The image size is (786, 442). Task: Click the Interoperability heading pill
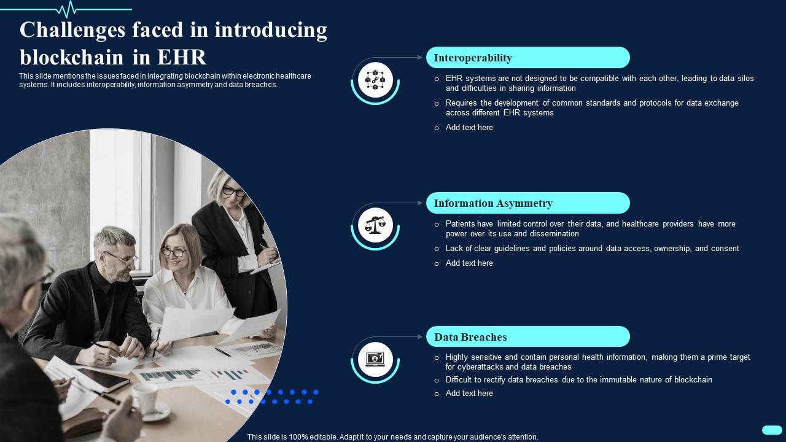(527, 58)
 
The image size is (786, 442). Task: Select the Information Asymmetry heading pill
(527, 203)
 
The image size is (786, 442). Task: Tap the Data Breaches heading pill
(527, 337)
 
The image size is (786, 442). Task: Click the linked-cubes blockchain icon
(375, 80)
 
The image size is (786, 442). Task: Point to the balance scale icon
(375, 225)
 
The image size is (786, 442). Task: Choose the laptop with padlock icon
(375, 359)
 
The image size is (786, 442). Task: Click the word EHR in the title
(182, 57)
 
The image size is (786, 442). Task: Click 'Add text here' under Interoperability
(469, 128)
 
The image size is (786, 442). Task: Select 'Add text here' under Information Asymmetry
(469, 263)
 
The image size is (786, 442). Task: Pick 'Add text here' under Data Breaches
(469, 394)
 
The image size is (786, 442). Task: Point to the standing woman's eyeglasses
(233, 191)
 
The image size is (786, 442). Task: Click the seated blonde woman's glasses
(173, 252)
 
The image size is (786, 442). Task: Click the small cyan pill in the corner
(771, 430)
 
